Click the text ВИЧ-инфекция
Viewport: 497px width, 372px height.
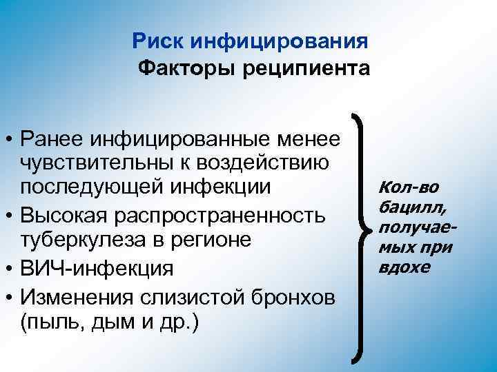pos(98,267)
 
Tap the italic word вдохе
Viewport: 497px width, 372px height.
pos(402,267)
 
